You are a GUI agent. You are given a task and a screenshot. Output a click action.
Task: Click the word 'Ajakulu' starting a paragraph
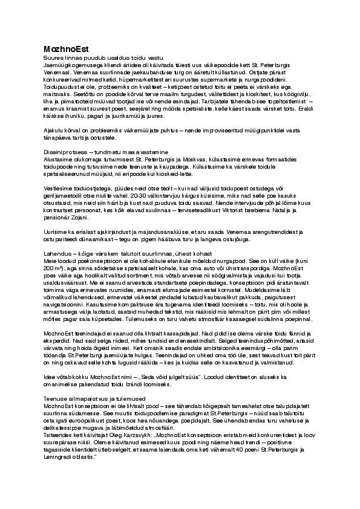(x=53, y=130)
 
